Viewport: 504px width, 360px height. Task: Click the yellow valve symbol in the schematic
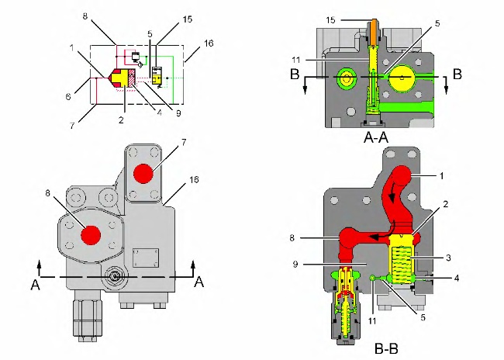[x=157, y=76]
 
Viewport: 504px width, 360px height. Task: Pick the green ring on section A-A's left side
[x=343, y=78]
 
